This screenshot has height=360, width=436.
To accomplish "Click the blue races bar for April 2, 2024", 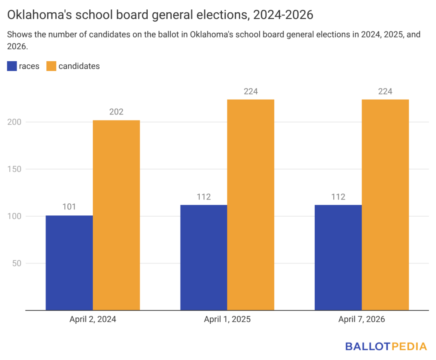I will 69,263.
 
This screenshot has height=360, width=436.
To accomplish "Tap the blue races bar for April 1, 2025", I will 204,257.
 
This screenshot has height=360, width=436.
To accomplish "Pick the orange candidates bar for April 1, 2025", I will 251,205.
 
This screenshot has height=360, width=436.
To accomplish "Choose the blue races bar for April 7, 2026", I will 338,257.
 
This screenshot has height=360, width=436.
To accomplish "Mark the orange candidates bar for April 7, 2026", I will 385,205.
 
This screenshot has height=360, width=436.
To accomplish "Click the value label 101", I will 69,207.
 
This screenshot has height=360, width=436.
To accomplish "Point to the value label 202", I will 116,112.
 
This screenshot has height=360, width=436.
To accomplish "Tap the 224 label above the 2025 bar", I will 251,91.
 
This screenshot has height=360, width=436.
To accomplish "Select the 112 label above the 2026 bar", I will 338,197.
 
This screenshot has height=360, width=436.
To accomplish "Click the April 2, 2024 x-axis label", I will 93,320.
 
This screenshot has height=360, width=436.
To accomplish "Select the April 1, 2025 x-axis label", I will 227,320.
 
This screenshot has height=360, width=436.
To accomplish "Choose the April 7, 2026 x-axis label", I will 361,320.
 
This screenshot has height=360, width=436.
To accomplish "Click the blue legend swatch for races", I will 11,66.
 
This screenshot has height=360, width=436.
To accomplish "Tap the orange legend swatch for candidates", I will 51,66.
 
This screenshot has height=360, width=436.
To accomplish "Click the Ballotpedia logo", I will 386,346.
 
